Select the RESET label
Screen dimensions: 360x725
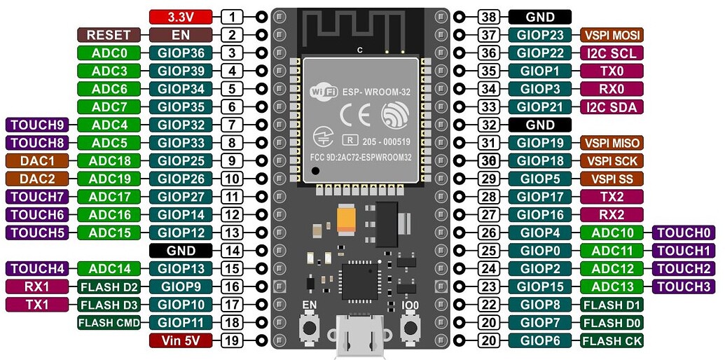(x=109, y=34)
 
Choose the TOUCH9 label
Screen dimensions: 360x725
(x=36, y=125)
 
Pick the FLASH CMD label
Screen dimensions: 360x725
(x=109, y=322)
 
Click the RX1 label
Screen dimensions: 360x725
(x=36, y=286)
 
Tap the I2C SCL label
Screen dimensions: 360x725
(x=611, y=53)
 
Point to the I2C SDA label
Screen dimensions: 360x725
(x=611, y=106)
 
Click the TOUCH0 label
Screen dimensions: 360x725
(x=682, y=233)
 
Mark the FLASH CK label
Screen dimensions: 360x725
(x=611, y=340)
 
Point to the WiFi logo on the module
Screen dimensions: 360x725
(x=324, y=92)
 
